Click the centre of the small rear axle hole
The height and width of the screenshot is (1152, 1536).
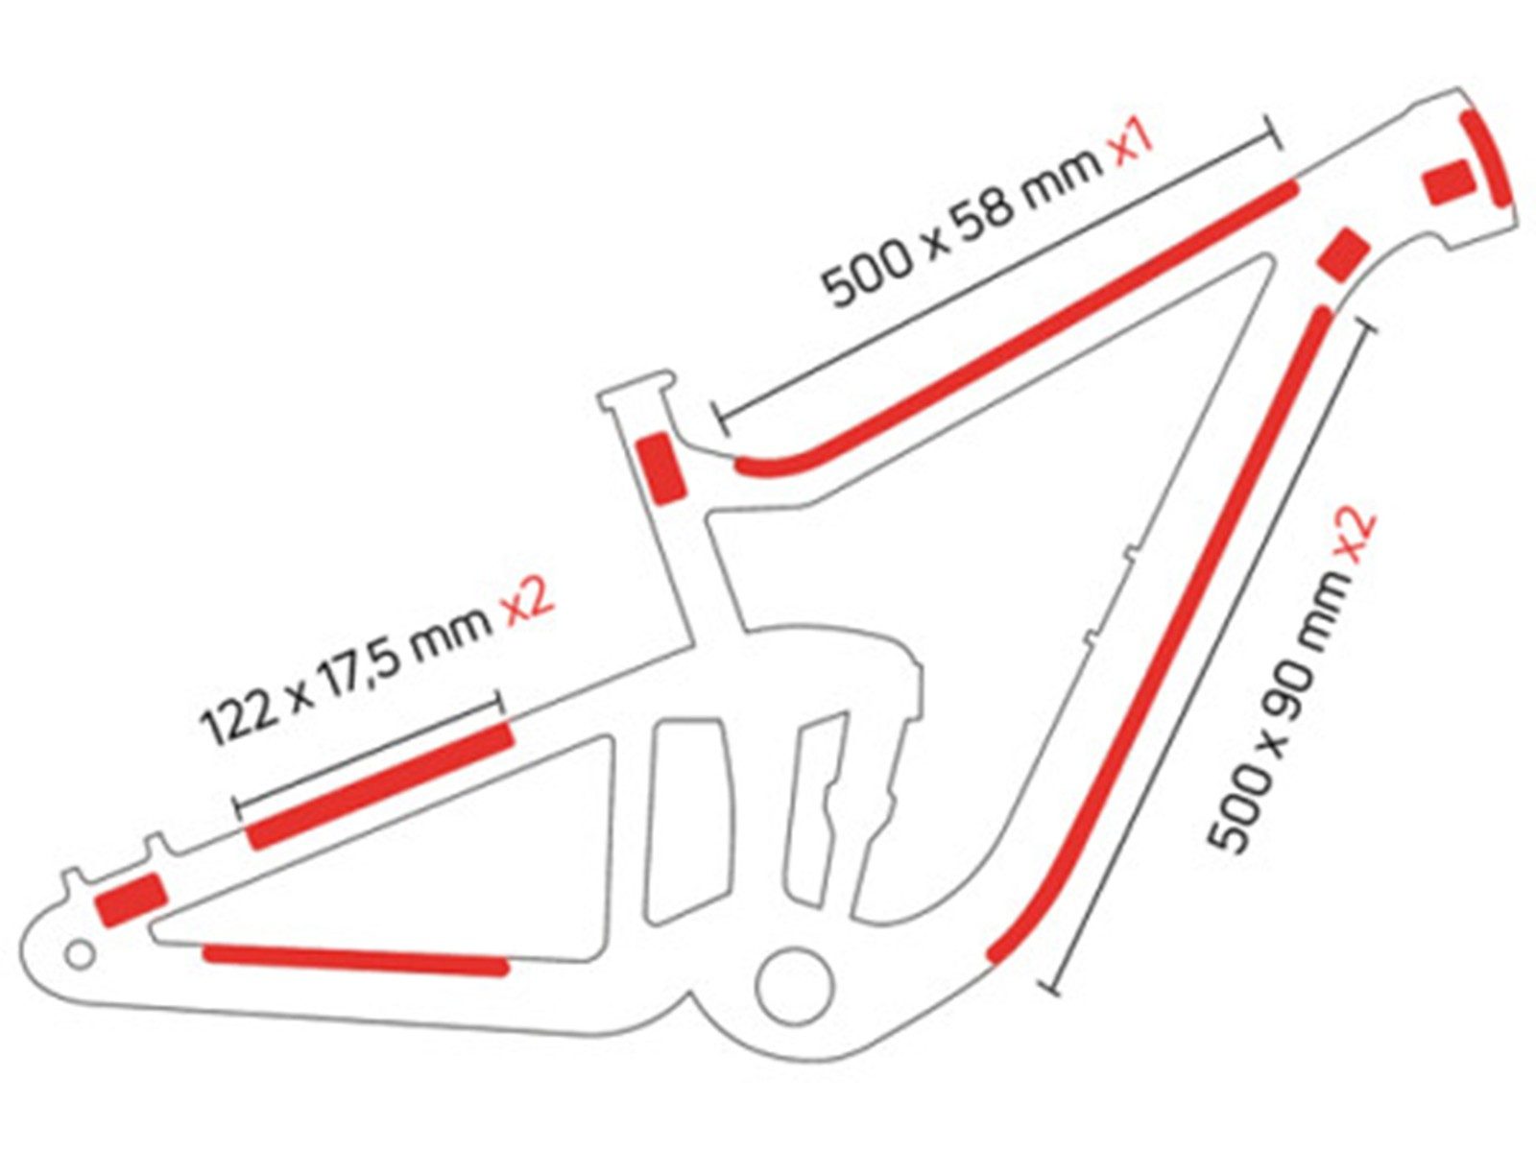click(x=80, y=953)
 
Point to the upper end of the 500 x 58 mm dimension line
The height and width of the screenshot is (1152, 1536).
click(x=1274, y=132)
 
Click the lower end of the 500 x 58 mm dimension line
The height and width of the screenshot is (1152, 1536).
click(x=719, y=419)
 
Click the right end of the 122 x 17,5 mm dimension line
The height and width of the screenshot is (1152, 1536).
click(x=499, y=702)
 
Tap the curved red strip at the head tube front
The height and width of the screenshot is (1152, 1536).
click(x=1486, y=157)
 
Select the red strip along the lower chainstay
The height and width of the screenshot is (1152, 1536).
click(x=355, y=959)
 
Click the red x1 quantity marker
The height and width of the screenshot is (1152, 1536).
click(x=1127, y=145)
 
